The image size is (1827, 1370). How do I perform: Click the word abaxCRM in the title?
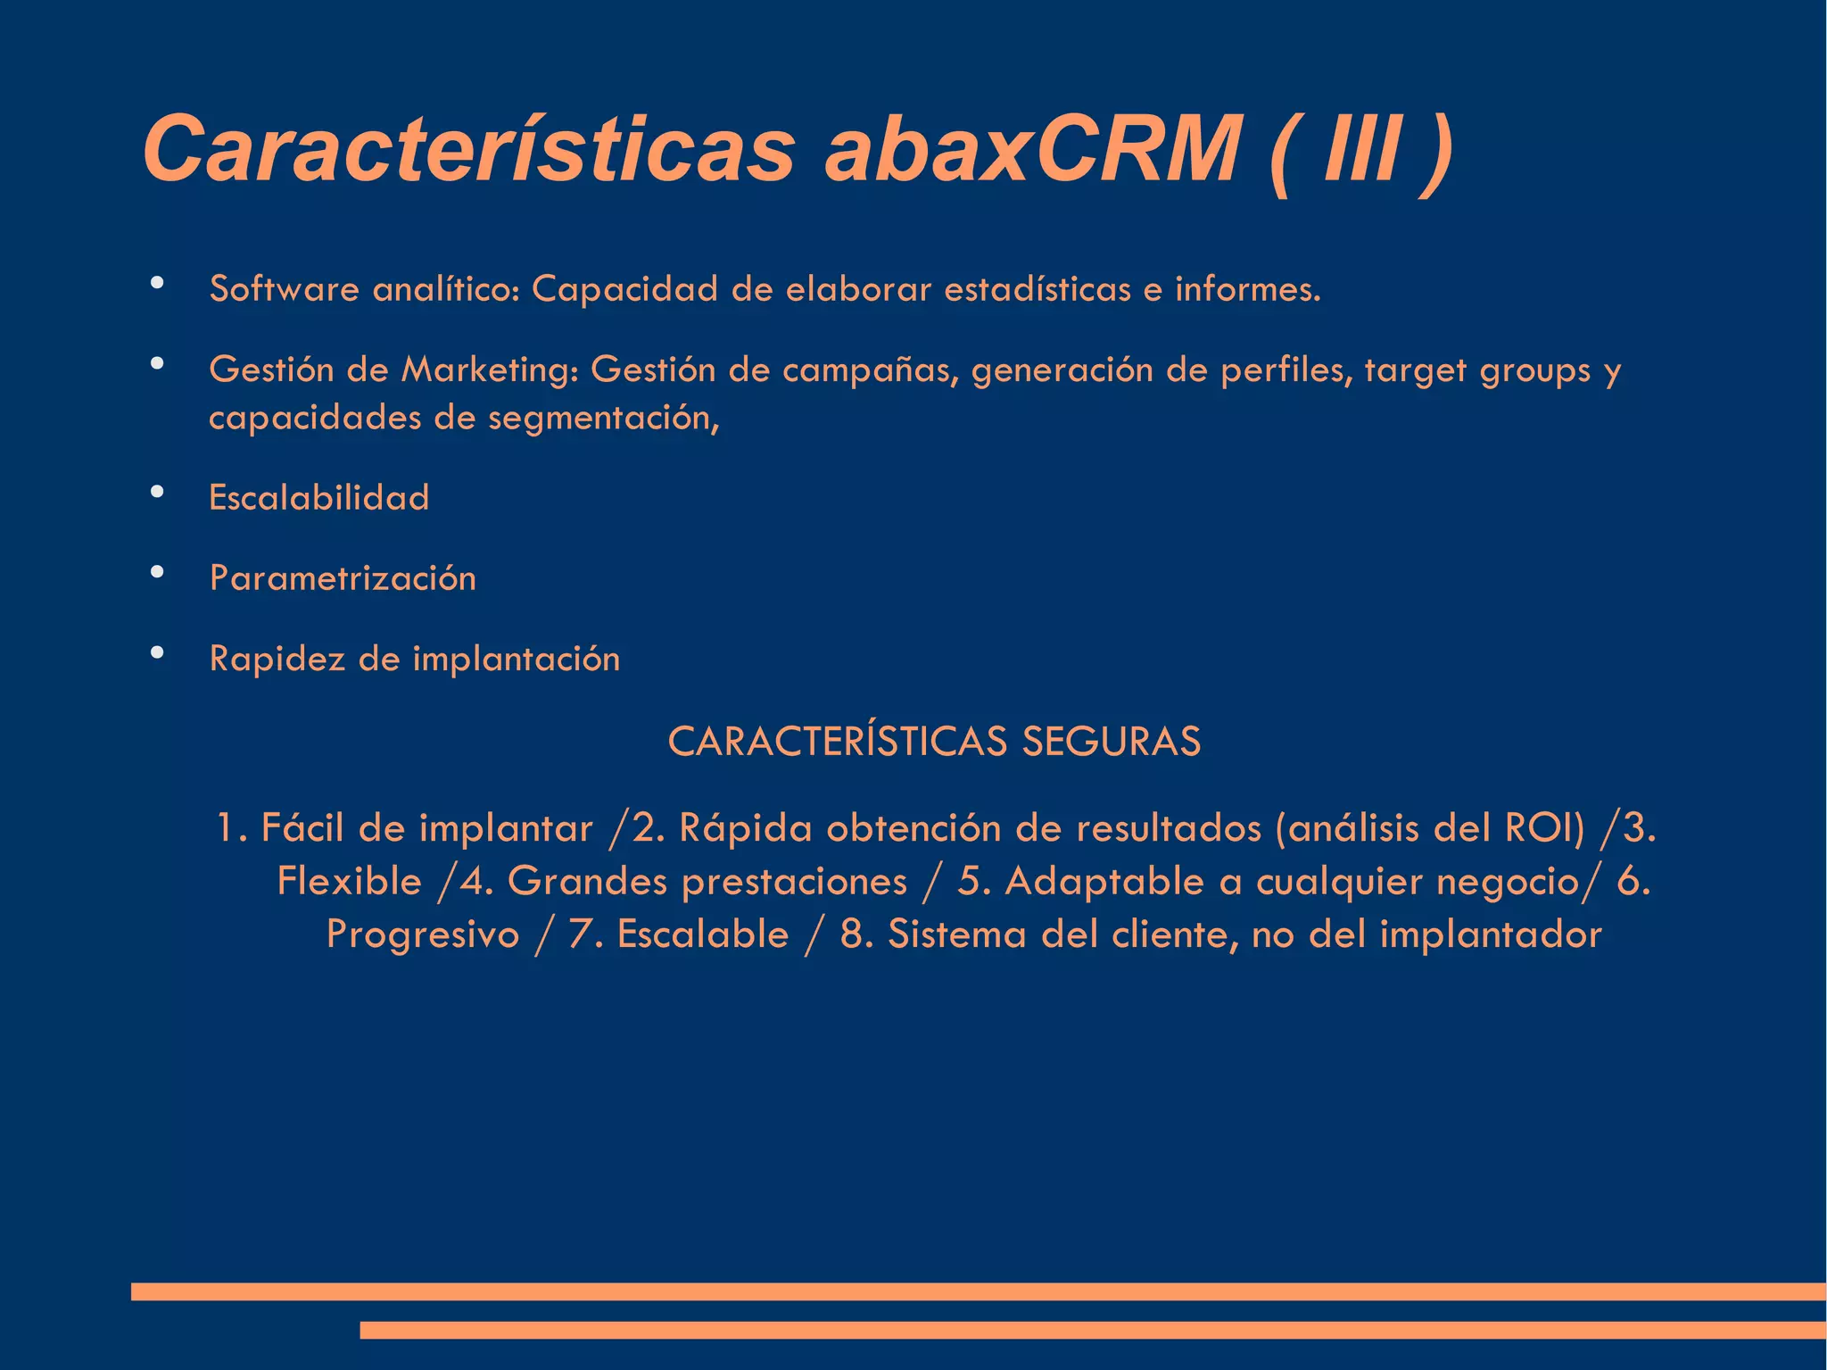1031,149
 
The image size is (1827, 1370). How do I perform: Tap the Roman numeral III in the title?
1362,149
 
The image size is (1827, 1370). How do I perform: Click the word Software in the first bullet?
284,289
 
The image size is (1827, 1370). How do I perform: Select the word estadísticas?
1038,289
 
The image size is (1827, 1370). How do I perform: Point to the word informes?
1247,289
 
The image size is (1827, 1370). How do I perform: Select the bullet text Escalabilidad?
318,497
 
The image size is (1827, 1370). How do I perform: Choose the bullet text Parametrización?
343,578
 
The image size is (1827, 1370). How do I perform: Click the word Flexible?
349,881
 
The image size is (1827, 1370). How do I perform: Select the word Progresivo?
423,934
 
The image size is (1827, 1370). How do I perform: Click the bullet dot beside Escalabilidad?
158,492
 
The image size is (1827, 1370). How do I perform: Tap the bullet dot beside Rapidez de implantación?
158,653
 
